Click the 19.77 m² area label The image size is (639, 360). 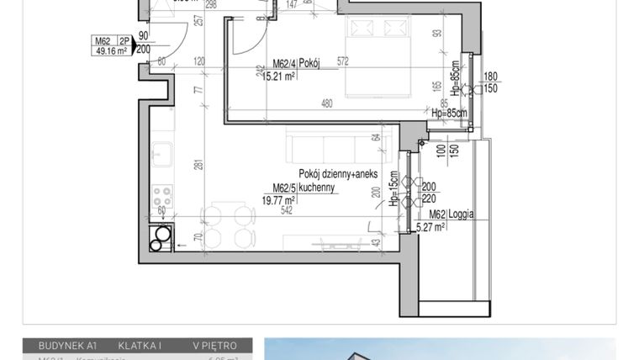pos(277,200)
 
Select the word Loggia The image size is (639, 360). pos(460,214)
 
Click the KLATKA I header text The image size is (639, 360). pos(140,346)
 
